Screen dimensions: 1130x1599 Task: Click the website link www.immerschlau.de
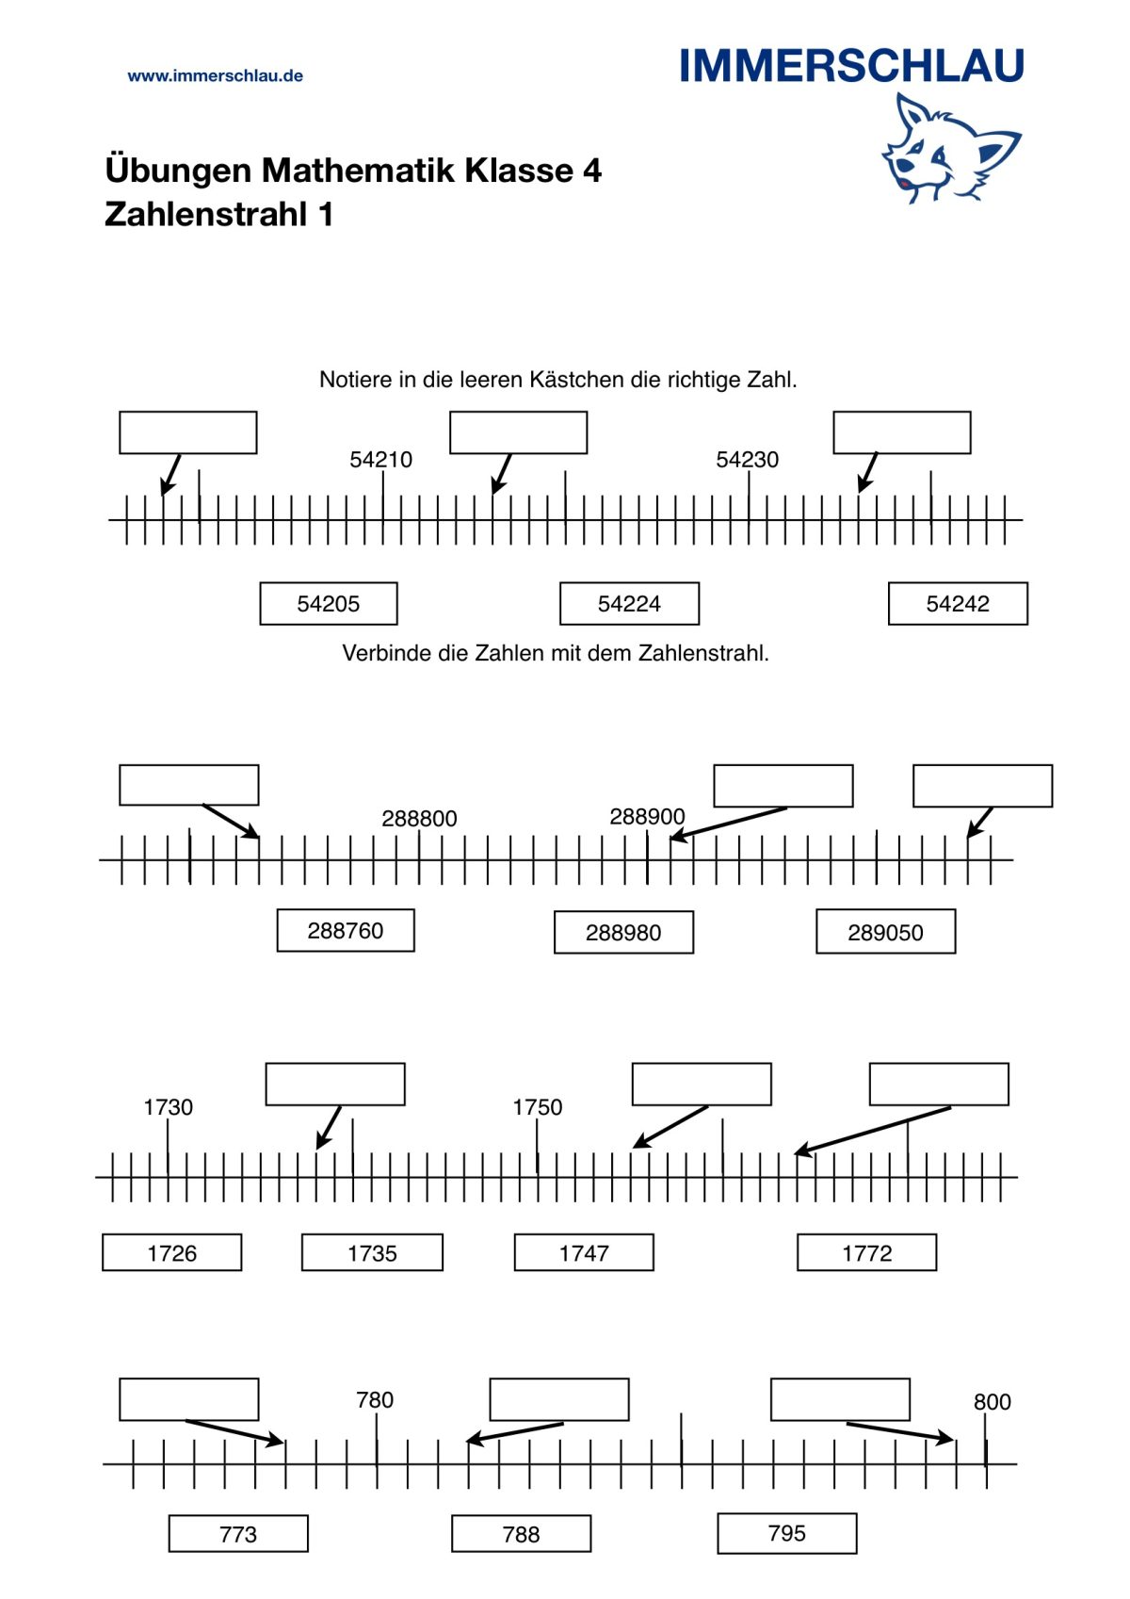click(215, 75)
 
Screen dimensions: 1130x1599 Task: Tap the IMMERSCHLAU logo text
click(852, 66)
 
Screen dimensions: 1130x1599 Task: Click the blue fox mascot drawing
click(951, 149)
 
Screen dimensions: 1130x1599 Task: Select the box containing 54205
click(328, 604)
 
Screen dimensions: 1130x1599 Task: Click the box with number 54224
click(629, 604)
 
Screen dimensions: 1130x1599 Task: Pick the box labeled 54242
click(958, 604)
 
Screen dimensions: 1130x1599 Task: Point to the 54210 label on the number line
click(381, 460)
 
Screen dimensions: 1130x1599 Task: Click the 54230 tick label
click(747, 460)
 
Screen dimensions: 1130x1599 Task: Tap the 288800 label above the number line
click(419, 819)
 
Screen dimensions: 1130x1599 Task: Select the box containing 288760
click(346, 931)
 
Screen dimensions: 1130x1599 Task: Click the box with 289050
click(885, 932)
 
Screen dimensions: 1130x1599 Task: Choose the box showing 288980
click(623, 932)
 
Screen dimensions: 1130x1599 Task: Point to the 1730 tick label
click(169, 1107)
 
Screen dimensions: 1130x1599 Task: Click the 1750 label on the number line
click(537, 1107)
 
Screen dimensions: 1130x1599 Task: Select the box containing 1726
click(172, 1253)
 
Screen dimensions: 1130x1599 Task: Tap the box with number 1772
click(866, 1253)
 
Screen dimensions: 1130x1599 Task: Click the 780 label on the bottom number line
click(375, 1400)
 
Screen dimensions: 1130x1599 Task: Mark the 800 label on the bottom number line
click(992, 1402)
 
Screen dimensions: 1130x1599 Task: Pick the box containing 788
click(521, 1534)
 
